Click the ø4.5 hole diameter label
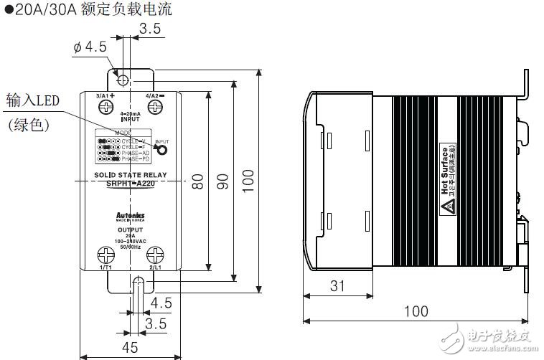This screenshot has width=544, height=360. (90, 47)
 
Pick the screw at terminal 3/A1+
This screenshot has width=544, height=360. (107, 108)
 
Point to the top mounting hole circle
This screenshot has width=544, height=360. (123, 78)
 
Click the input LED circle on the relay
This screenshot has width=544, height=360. (163, 149)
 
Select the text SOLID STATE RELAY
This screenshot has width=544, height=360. (130, 175)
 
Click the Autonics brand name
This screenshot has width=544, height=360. (130, 214)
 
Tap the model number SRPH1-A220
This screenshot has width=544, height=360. (130, 184)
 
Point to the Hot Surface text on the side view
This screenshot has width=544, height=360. (446, 170)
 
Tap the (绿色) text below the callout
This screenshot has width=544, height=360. (28, 125)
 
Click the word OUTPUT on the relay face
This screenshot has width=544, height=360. (130, 229)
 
